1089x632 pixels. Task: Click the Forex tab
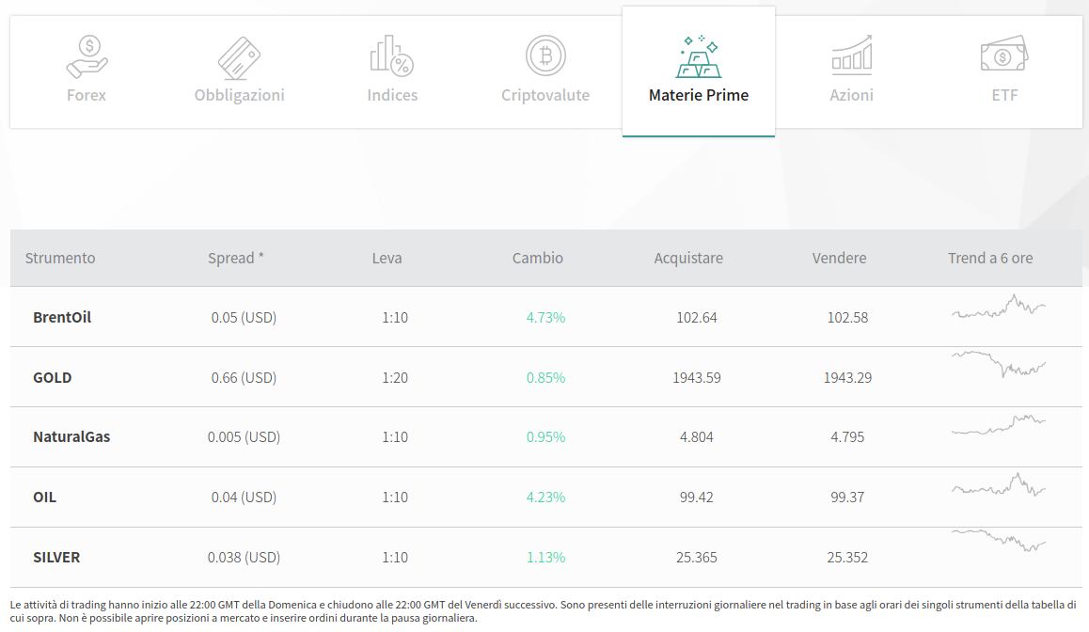point(87,71)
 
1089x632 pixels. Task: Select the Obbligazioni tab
point(240,71)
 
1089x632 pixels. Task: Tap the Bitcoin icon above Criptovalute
point(545,55)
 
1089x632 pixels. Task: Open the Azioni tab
point(851,71)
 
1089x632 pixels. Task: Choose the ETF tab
point(1004,71)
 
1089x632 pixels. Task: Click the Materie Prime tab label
point(699,95)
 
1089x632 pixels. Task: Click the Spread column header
point(236,259)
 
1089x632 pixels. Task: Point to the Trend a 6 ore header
point(990,259)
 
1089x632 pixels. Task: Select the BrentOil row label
point(62,317)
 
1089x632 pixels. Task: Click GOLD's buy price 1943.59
point(697,378)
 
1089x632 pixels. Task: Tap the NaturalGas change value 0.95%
point(545,437)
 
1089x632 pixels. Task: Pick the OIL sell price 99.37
point(847,498)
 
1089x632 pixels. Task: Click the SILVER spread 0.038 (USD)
point(244,558)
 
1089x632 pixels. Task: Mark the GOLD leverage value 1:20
point(395,378)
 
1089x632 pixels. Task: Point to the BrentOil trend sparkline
point(998,307)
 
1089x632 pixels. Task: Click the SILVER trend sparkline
point(998,541)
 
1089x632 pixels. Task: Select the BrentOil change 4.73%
point(545,318)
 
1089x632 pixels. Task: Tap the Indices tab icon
point(392,55)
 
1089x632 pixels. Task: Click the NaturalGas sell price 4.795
point(847,437)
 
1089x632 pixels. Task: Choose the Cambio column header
point(538,259)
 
